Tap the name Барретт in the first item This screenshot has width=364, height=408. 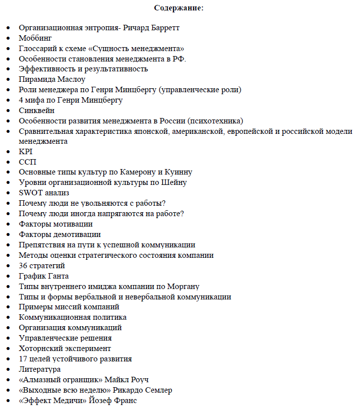163,28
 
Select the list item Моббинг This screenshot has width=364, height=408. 35,38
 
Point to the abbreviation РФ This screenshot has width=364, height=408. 179,59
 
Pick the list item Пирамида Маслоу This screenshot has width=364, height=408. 52,79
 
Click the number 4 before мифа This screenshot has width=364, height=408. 21,100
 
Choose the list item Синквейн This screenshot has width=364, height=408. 37,111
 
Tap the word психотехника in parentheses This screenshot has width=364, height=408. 216,121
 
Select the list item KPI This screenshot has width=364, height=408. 25,152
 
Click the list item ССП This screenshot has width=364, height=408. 28,162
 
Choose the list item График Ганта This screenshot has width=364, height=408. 44,276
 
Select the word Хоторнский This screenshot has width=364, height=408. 41,348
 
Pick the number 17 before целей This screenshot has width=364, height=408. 24,358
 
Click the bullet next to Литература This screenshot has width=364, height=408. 8,369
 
